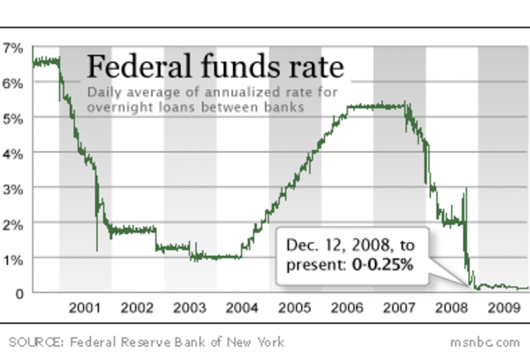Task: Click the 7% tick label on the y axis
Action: (x=13, y=48)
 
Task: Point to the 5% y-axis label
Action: (x=13, y=119)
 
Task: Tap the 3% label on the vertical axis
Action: (x=13, y=190)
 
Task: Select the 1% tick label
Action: (x=13, y=260)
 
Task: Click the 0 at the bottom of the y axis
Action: (x=19, y=294)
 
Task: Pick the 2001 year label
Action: (x=84, y=308)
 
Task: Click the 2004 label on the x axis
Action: (x=242, y=308)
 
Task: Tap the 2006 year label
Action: (x=347, y=308)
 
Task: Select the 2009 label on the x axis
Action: (x=504, y=308)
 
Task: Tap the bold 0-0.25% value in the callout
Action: (x=382, y=265)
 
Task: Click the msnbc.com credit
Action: (x=485, y=342)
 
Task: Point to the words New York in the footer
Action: (x=255, y=342)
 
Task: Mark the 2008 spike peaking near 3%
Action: (x=466, y=189)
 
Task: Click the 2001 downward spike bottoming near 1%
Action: (x=97, y=249)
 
